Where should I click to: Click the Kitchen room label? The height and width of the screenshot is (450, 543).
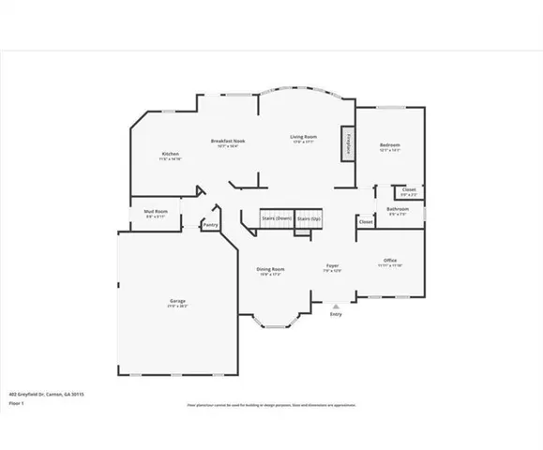[170, 154]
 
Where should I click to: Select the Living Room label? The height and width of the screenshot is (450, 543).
[302, 138]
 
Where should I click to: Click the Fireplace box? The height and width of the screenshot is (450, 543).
[347, 141]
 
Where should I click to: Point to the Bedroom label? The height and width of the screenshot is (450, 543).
[389, 145]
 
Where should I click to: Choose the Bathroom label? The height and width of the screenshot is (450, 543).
[398, 209]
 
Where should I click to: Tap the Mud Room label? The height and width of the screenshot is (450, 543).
[156, 213]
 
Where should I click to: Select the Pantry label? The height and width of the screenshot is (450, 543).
[210, 224]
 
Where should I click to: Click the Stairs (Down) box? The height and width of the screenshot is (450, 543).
[277, 218]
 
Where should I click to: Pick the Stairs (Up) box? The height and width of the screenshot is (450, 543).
[309, 218]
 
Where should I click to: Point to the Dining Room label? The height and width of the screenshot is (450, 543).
[271, 269]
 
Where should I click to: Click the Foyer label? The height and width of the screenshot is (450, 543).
[332, 267]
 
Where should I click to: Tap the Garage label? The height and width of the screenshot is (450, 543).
[176, 302]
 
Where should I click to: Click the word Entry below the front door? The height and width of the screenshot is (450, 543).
[336, 314]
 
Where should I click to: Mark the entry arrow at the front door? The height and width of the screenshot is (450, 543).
[336, 306]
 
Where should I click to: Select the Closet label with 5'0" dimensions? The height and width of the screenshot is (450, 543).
[410, 191]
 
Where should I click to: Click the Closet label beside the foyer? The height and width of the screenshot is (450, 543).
[365, 222]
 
